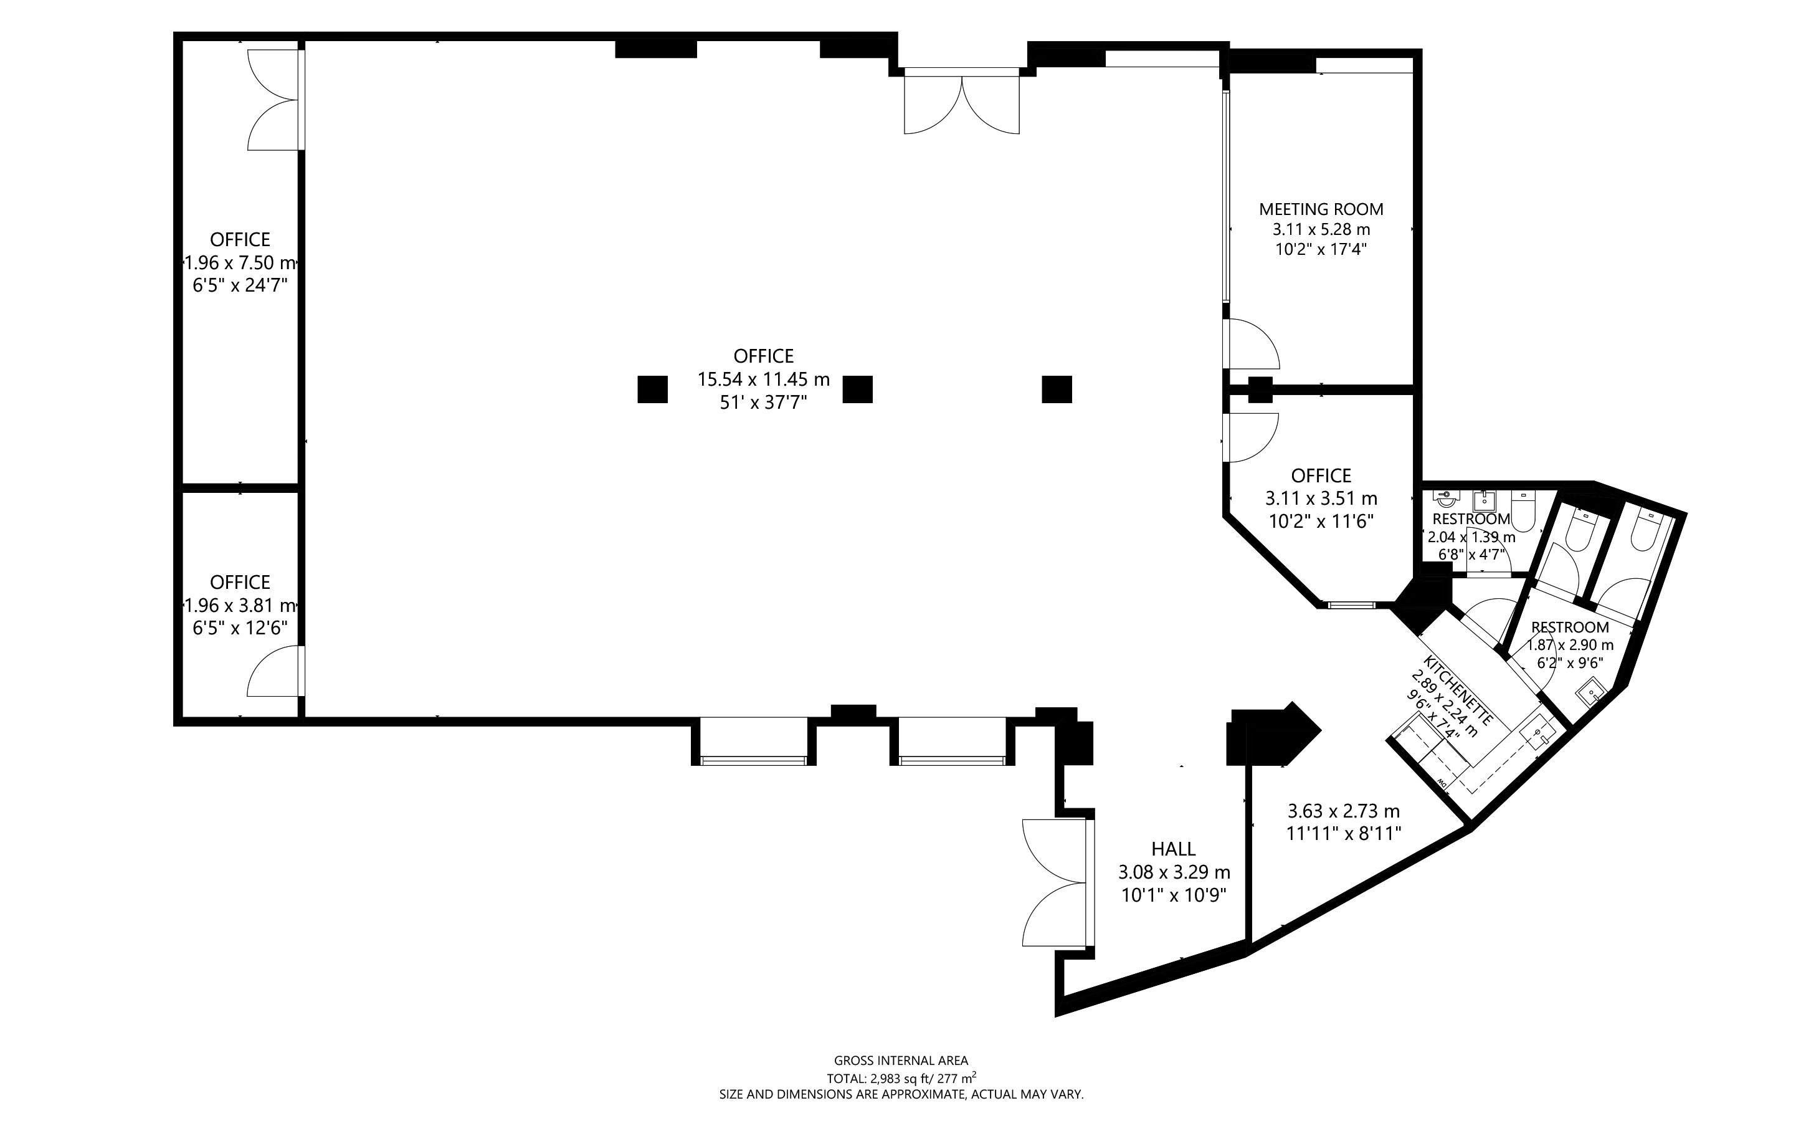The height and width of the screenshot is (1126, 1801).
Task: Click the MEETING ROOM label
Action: click(x=1321, y=209)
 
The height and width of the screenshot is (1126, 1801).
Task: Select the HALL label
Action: click(x=1174, y=848)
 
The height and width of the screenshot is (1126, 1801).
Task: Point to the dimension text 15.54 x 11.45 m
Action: click(x=763, y=379)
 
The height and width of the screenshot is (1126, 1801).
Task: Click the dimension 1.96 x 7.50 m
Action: click(x=240, y=262)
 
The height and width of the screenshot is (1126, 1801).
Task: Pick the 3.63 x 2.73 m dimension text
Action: click(x=1344, y=810)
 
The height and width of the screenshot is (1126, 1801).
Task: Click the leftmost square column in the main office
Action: click(x=652, y=389)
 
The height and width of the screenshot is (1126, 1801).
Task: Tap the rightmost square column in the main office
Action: click(x=1057, y=389)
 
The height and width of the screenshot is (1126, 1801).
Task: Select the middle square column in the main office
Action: click(x=857, y=389)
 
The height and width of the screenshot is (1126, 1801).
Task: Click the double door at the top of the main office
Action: click(x=961, y=102)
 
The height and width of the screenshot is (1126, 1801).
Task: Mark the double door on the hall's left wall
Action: click(x=1058, y=882)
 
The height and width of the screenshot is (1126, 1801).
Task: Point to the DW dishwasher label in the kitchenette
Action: click(x=1441, y=783)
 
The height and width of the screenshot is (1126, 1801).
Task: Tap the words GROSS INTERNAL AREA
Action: click(x=901, y=1061)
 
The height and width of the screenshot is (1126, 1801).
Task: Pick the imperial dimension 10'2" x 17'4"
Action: click(x=1321, y=249)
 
